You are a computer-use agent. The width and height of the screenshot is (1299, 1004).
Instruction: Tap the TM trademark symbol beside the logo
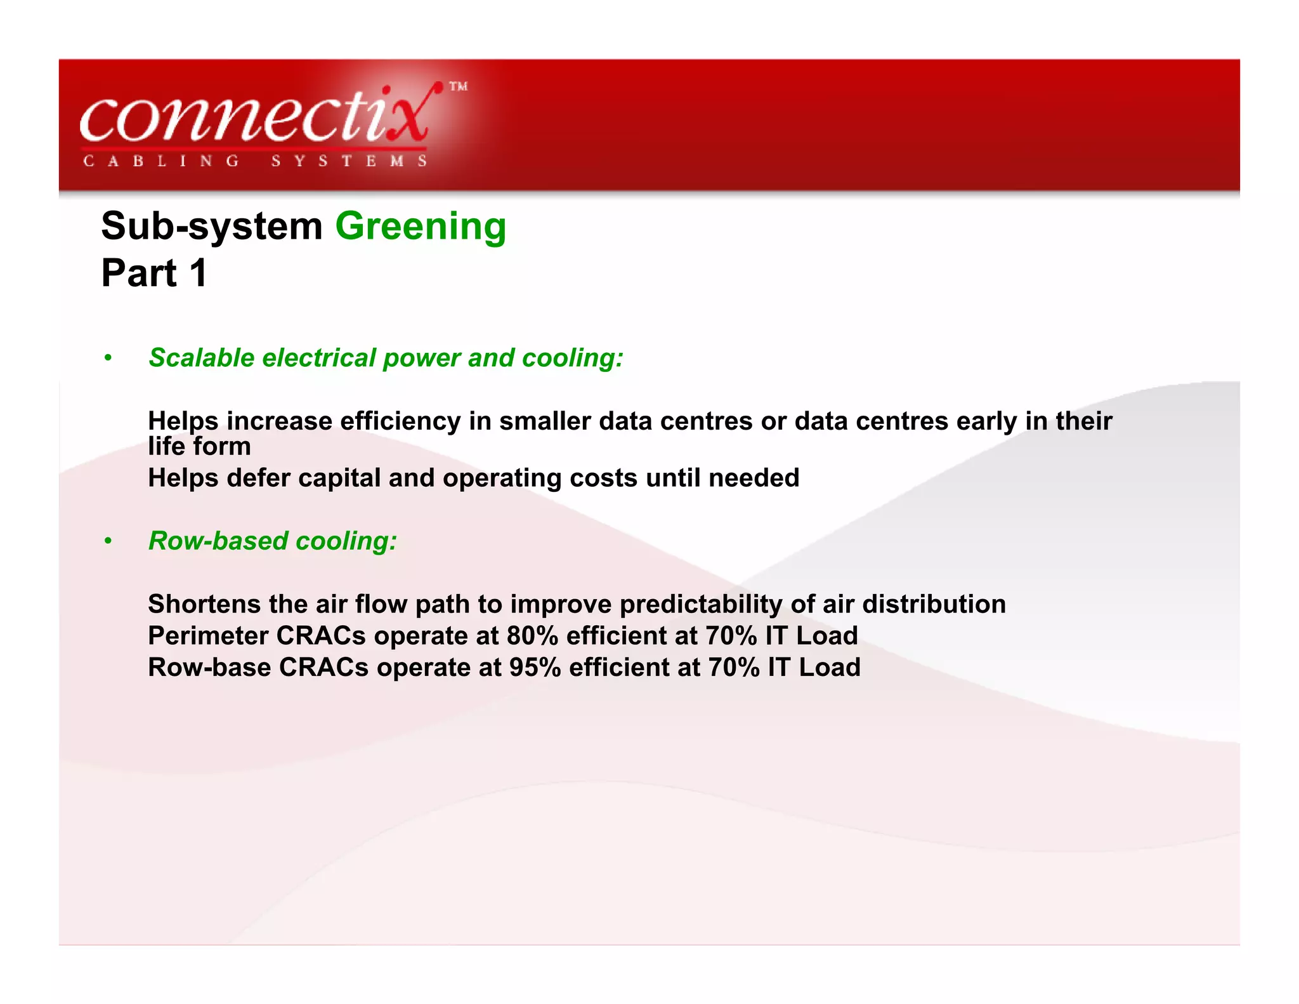458,86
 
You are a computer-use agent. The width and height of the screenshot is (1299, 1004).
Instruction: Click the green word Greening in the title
421,227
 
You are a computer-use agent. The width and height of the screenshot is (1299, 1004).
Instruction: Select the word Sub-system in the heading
212,227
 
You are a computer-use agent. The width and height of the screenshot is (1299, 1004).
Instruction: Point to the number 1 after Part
198,274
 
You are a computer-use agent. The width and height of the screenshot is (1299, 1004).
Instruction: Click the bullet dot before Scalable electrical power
108,359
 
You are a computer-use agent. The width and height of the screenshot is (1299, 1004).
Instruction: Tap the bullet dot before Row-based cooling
108,541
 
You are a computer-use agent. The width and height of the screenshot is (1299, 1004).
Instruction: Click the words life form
199,446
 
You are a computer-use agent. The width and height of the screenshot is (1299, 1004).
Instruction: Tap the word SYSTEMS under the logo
349,161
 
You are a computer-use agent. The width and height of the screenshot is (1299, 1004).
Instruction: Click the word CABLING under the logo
161,161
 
